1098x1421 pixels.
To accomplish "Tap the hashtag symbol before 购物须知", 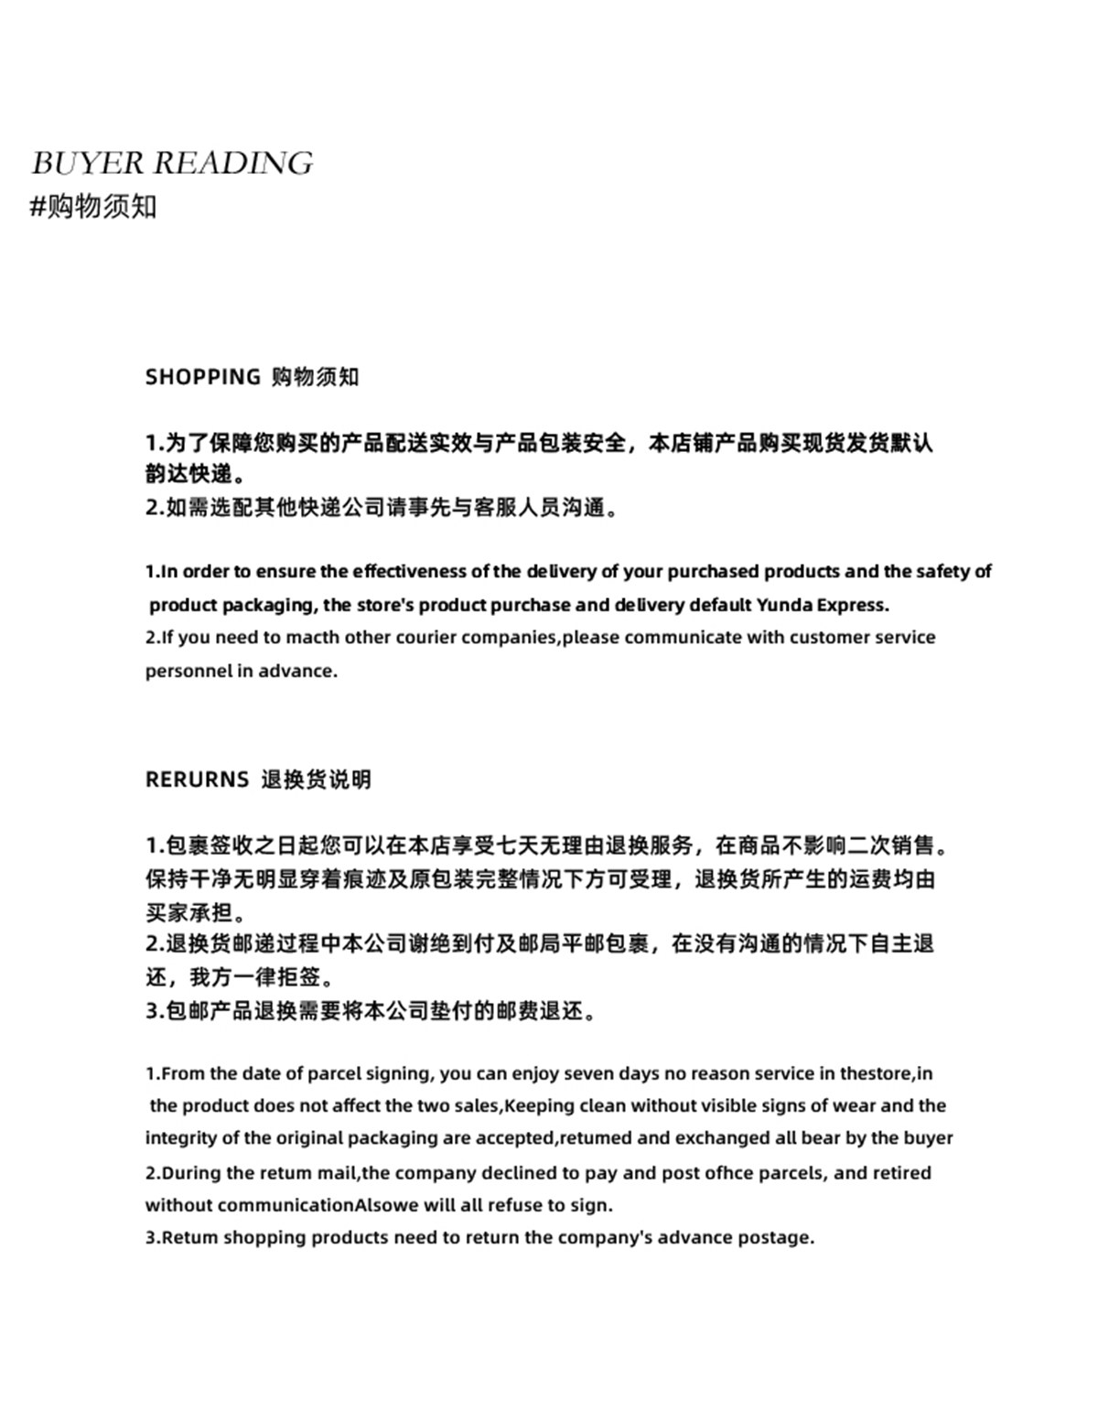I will pyautogui.click(x=38, y=207).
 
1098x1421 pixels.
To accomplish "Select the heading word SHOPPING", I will pyautogui.click(x=203, y=377).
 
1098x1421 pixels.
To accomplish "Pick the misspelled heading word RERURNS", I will pyautogui.click(x=197, y=780).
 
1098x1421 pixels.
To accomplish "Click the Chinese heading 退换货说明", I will pyautogui.click(x=317, y=780).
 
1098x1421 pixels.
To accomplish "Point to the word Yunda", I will pyautogui.click(x=783, y=605).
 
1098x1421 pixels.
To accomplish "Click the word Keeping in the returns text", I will pyautogui.click(x=539, y=1105).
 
